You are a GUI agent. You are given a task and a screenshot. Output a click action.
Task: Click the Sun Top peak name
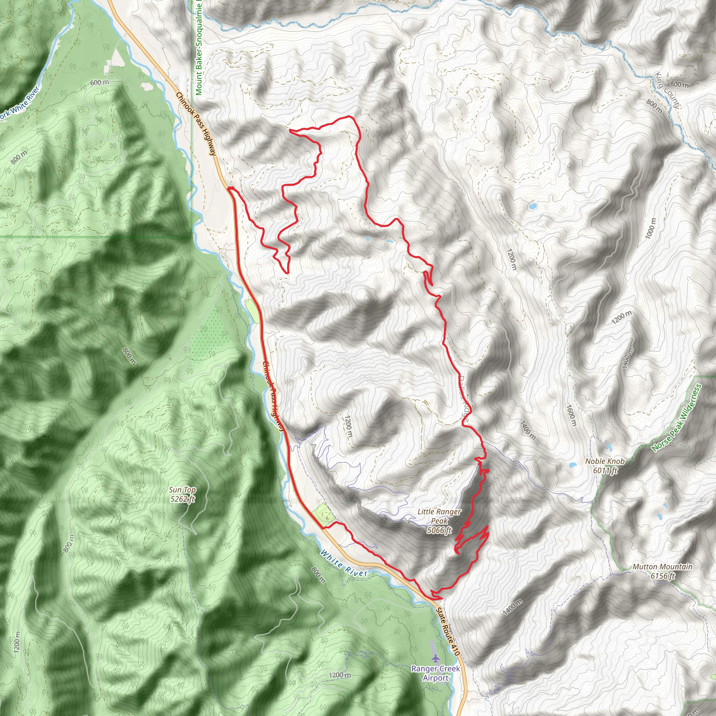182,490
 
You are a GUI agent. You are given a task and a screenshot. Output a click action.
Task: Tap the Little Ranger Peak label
439,516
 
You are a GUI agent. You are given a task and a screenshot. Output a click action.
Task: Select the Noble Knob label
605,461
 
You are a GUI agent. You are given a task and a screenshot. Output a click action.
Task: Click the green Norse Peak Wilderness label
676,418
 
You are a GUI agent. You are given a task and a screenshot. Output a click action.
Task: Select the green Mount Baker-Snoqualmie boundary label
199,48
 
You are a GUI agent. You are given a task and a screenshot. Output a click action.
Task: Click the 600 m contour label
99,82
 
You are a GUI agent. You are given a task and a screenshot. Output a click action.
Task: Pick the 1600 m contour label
571,415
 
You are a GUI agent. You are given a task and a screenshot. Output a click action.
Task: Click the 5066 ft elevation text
439,530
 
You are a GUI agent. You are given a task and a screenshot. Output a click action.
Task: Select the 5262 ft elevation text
182,499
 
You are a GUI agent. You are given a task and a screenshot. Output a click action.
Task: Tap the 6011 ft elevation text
605,471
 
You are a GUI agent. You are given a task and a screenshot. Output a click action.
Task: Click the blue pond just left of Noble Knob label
573,465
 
